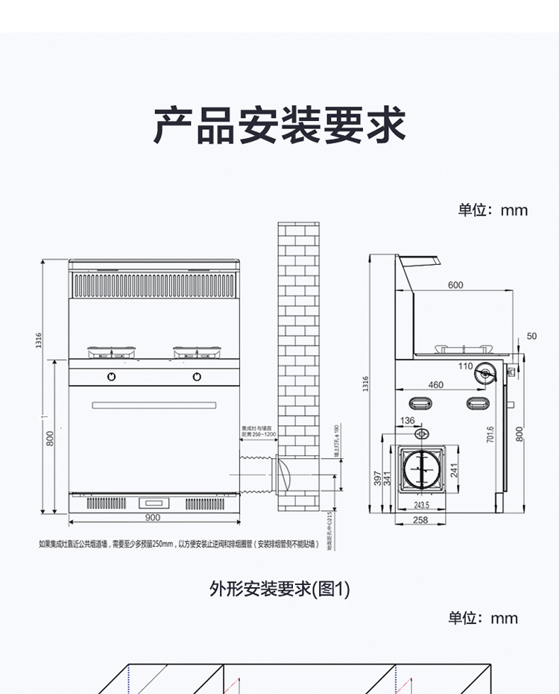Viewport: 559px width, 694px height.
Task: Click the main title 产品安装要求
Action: pyautogui.click(x=279, y=125)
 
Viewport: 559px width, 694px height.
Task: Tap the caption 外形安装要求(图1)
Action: pyautogui.click(x=279, y=590)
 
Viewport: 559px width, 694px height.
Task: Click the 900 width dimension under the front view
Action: pyautogui.click(x=153, y=517)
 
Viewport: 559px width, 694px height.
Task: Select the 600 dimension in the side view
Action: pyautogui.click(x=455, y=285)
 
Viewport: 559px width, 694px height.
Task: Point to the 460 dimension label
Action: pyautogui.click(x=435, y=385)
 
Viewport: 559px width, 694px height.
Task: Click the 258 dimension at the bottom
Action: pyautogui.click(x=420, y=520)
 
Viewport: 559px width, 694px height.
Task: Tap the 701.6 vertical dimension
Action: pyautogui.click(x=490, y=435)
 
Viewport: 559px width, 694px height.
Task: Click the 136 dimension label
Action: pyautogui.click(x=407, y=421)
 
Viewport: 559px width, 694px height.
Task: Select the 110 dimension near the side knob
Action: pyautogui.click(x=465, y=366)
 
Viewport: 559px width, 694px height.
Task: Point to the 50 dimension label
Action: pyautogui.click(x=531, y=337)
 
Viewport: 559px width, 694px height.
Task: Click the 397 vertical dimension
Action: pyautogui.click(x=377, y=478)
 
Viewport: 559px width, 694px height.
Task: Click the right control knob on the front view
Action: pyautogui.click(x=198, y=376)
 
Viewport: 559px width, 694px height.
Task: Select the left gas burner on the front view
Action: pyautogui.click(x=112, y=349)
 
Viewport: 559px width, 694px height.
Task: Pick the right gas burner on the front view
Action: pyautogui.click(x=198, y=349)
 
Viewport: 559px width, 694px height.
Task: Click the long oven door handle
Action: pyautogui.click(x=154, y=405)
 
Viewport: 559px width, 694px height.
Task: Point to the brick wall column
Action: pyautogui.click(x=299, y=366)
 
